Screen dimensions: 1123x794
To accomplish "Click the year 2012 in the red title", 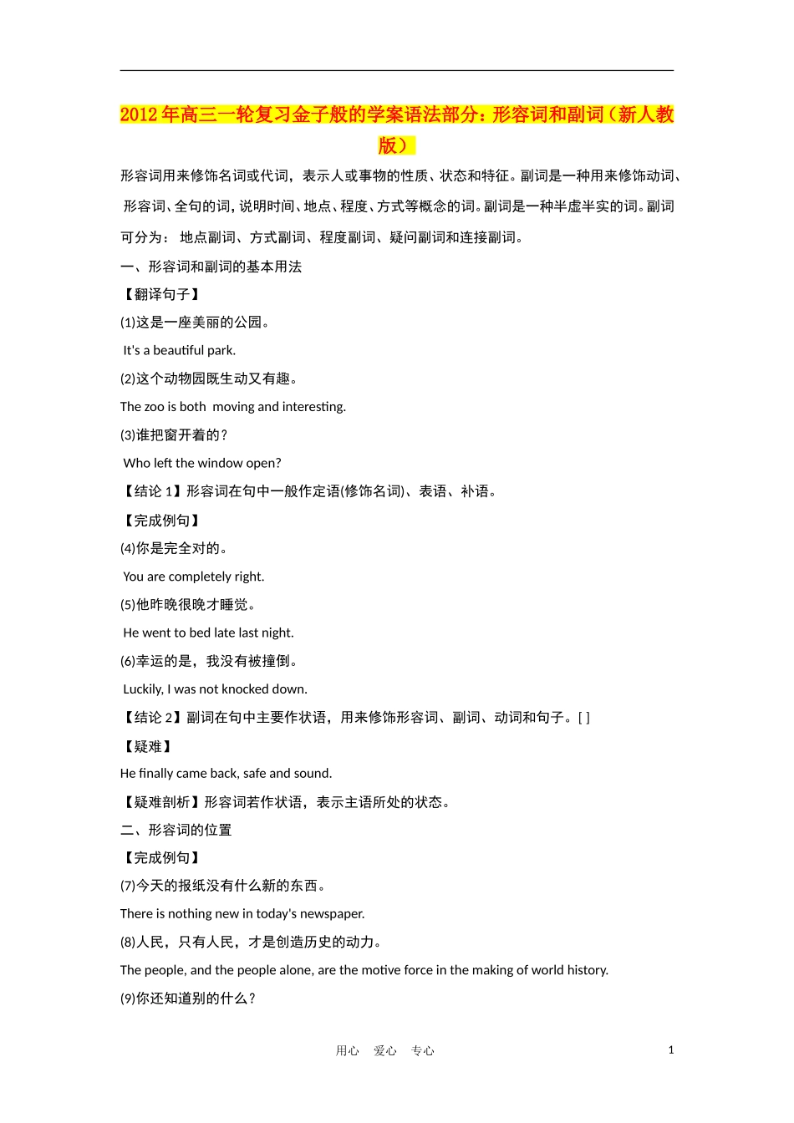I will (x=139, y=115).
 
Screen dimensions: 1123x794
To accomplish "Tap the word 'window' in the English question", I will (x=221, y=463).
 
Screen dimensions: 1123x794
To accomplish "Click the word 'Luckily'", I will (x=143, y=689).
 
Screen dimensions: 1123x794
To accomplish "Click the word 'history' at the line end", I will (x=587, y=970).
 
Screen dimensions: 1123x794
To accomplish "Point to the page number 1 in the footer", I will (x=670, y=1050).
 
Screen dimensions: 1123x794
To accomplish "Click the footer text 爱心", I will (x=385, y=1051).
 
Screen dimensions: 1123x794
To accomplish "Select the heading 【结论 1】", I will (x=151, y=491).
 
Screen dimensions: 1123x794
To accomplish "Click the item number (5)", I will (x=128, y=605).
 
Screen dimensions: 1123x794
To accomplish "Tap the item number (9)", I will (x=128, y=999).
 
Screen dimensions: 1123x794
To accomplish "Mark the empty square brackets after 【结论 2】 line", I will (x=583, y=718).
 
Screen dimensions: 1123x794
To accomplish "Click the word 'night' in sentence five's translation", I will (x=277, y=633).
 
